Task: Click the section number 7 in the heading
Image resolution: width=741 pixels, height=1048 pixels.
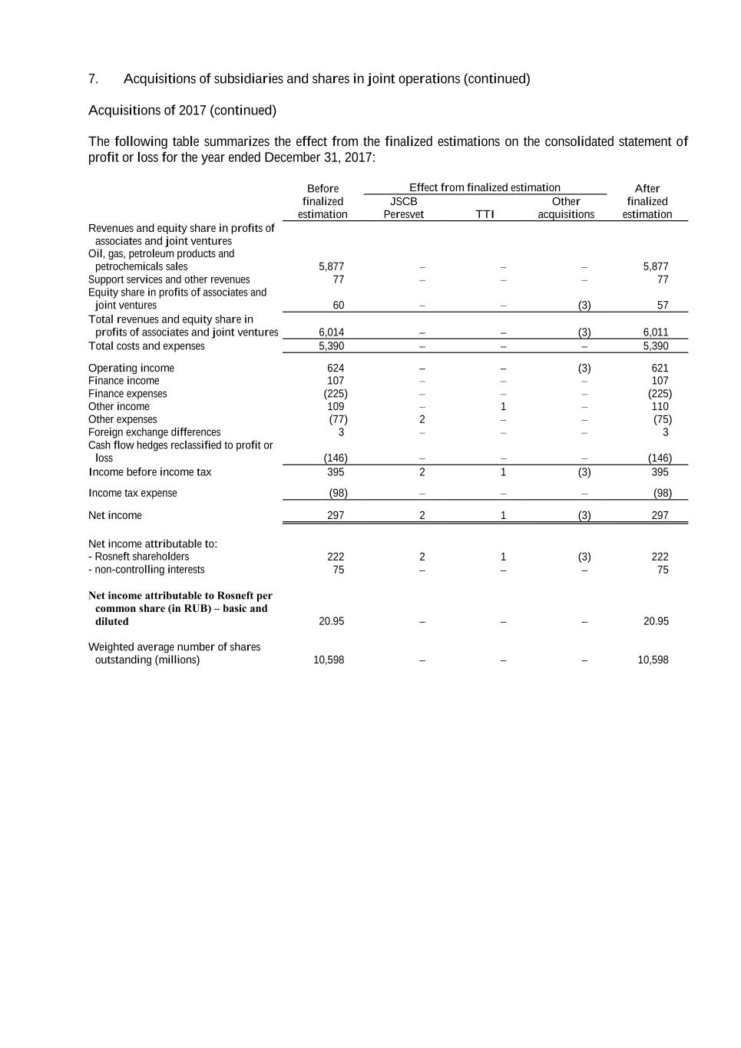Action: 93,79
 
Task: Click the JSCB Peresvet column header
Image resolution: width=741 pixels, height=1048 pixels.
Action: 403,208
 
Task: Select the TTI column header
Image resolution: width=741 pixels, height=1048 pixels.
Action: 485,215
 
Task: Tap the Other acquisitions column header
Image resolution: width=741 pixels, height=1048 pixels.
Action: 566,208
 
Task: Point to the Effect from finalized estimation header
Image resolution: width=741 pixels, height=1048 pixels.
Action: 485,188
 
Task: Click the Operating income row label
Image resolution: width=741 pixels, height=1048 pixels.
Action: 131,369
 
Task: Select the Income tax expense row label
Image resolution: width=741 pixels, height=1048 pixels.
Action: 133,494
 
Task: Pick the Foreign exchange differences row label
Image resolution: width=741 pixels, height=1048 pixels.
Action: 154,432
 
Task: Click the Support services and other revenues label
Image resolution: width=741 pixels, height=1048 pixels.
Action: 169,279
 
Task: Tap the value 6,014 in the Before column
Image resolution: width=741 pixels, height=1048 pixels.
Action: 331,332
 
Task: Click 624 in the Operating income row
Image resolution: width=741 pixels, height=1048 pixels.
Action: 336,369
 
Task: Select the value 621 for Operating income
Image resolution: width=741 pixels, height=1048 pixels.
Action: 660,369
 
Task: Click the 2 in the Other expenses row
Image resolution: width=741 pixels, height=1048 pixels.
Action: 422,420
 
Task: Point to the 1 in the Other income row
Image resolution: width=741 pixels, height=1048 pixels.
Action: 503,407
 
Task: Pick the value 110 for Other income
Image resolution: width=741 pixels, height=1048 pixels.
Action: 660,407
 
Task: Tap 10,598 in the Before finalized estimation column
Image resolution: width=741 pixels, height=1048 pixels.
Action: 329,660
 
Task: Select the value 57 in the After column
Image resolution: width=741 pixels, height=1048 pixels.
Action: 663,306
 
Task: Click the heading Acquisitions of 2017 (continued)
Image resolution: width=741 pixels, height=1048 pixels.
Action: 182,111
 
